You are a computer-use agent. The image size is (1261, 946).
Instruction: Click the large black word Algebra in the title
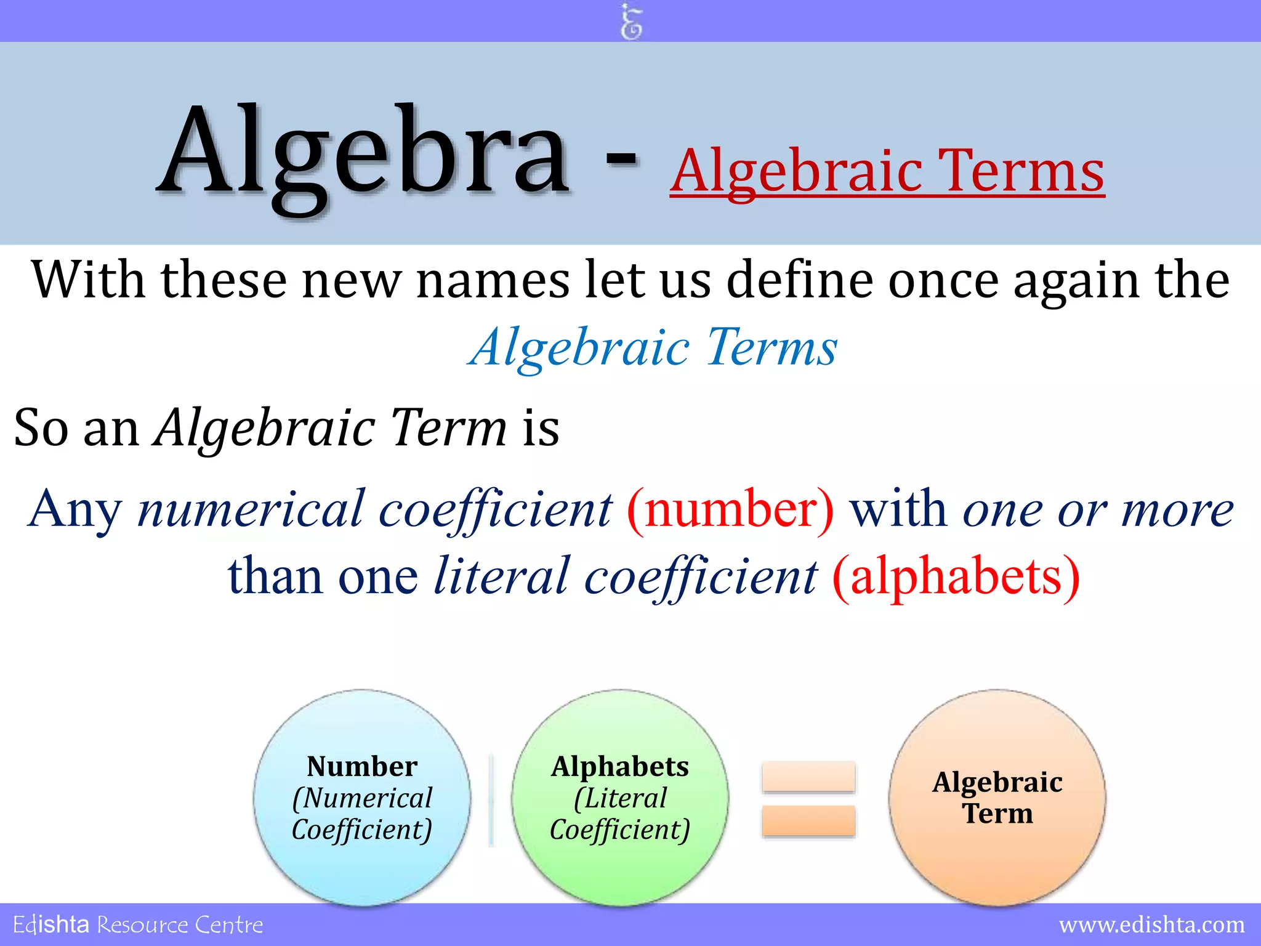[363, 154]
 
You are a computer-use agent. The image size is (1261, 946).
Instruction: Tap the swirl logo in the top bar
[630, 21]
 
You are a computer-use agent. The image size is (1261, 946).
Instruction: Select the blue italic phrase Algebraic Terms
[653, 347]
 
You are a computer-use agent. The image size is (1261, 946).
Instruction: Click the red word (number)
[730, 510]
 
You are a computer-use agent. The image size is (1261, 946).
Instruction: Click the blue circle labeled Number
[362, 798]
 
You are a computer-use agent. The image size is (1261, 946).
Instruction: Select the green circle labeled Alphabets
[620, 798]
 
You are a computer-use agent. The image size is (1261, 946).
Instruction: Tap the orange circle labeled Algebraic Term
[997, 798]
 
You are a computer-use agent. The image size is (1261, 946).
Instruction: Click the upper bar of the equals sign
[808, 777]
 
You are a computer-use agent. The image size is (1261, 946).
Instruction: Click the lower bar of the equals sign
[808, 821]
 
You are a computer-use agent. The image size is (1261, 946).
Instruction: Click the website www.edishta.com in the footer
[1151, 924]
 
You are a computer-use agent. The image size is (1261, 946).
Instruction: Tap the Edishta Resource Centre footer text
[138, 924]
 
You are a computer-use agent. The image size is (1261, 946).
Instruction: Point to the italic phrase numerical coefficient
[375, 510]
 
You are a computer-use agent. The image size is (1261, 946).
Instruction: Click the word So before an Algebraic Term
[41, 428]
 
